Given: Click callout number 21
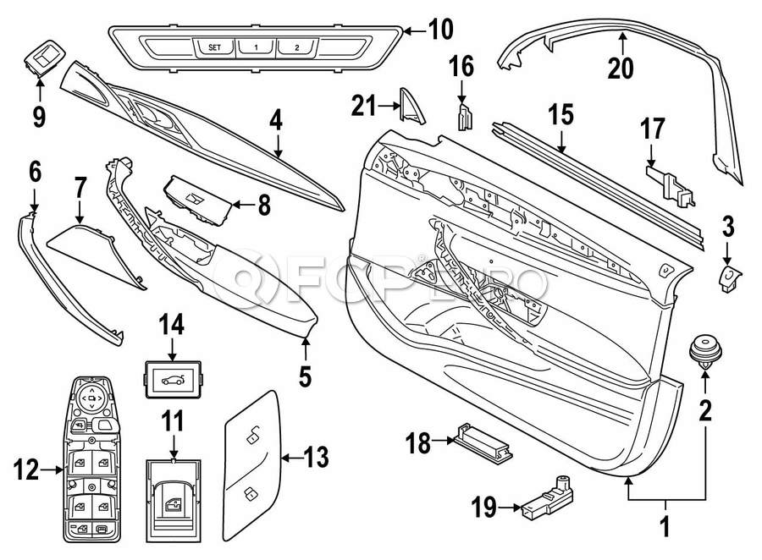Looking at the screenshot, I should click(x=363, y=106).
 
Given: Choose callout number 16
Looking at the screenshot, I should click(x=462, y=66).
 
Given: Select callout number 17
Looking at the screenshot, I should click(x=652, y=129).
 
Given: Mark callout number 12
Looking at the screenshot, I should click(x=26, y=469).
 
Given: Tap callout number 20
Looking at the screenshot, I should click(x=621, y=67).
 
